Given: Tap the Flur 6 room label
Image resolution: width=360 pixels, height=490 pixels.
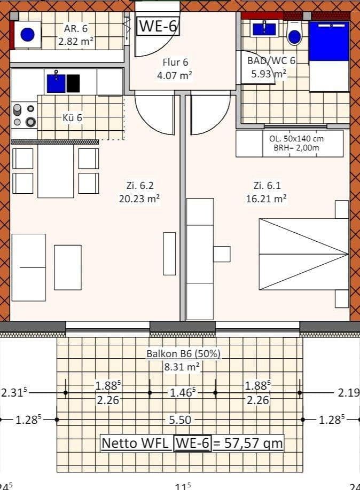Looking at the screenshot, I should click(x=175, y=63).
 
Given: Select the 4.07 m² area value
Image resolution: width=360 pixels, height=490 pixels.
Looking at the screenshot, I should click(x=174, y=76).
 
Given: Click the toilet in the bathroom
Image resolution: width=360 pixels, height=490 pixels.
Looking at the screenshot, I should click(x=294, y=34).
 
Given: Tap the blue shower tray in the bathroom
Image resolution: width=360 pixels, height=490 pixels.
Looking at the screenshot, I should click(x=328, y=41).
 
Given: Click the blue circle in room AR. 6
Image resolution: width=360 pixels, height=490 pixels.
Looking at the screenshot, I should click(x=27, y=35).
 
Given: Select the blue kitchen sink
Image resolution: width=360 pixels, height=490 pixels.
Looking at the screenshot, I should click(x=56, y=83).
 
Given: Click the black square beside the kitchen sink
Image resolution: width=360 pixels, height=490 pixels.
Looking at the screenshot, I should click(x=73, y=83).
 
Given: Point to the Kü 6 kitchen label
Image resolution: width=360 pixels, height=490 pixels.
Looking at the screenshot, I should click(x=72, y=117).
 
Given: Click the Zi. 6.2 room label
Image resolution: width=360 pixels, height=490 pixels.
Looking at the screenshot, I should click(x=139, y=186).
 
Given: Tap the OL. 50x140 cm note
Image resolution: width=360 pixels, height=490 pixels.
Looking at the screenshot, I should click(x=296, y=138).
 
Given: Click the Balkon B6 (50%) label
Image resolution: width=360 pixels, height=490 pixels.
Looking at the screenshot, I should click(x=183, y=353).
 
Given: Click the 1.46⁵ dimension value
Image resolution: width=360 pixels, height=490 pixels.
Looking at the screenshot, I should click(x=182, y=393).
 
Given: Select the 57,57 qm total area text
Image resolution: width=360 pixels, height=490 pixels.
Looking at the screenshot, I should click(x=249, y=443).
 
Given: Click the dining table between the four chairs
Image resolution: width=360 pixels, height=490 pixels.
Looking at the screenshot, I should click(x=56, y=171).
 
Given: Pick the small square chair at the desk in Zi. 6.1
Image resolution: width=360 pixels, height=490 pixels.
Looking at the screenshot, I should click(x=222, y=254).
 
